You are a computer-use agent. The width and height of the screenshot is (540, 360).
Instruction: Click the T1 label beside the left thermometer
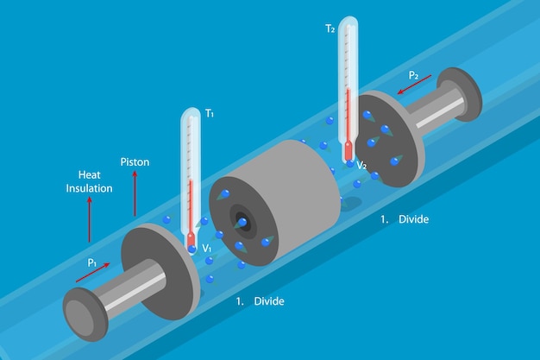pos(209,113)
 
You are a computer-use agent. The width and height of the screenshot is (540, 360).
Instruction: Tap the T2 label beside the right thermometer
pos(330,28)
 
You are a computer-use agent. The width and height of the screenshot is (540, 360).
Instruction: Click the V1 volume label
pos(207,249)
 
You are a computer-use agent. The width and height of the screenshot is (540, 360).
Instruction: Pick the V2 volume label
pos(361,165)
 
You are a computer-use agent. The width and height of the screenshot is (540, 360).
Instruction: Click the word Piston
pos(135,161)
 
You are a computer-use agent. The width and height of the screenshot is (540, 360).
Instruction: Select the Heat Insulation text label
pos(90,180)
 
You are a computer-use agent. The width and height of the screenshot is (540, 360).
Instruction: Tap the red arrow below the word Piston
pos(135,193)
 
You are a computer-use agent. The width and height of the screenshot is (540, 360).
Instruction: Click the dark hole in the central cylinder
pos(242,223)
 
